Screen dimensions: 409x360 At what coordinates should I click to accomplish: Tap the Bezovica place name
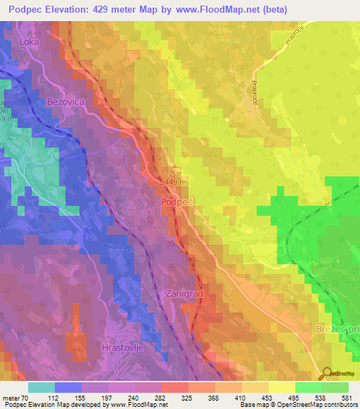click(65, 102)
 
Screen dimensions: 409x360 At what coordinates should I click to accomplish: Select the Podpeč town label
click(177, 201)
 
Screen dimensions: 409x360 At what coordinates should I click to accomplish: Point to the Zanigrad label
click(184, 293)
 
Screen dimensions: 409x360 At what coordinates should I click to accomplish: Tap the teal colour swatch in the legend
click(41, 387)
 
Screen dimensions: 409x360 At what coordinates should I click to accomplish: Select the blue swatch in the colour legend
click(68, 387)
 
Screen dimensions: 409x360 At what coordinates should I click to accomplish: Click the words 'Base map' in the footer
click(252, 405)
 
